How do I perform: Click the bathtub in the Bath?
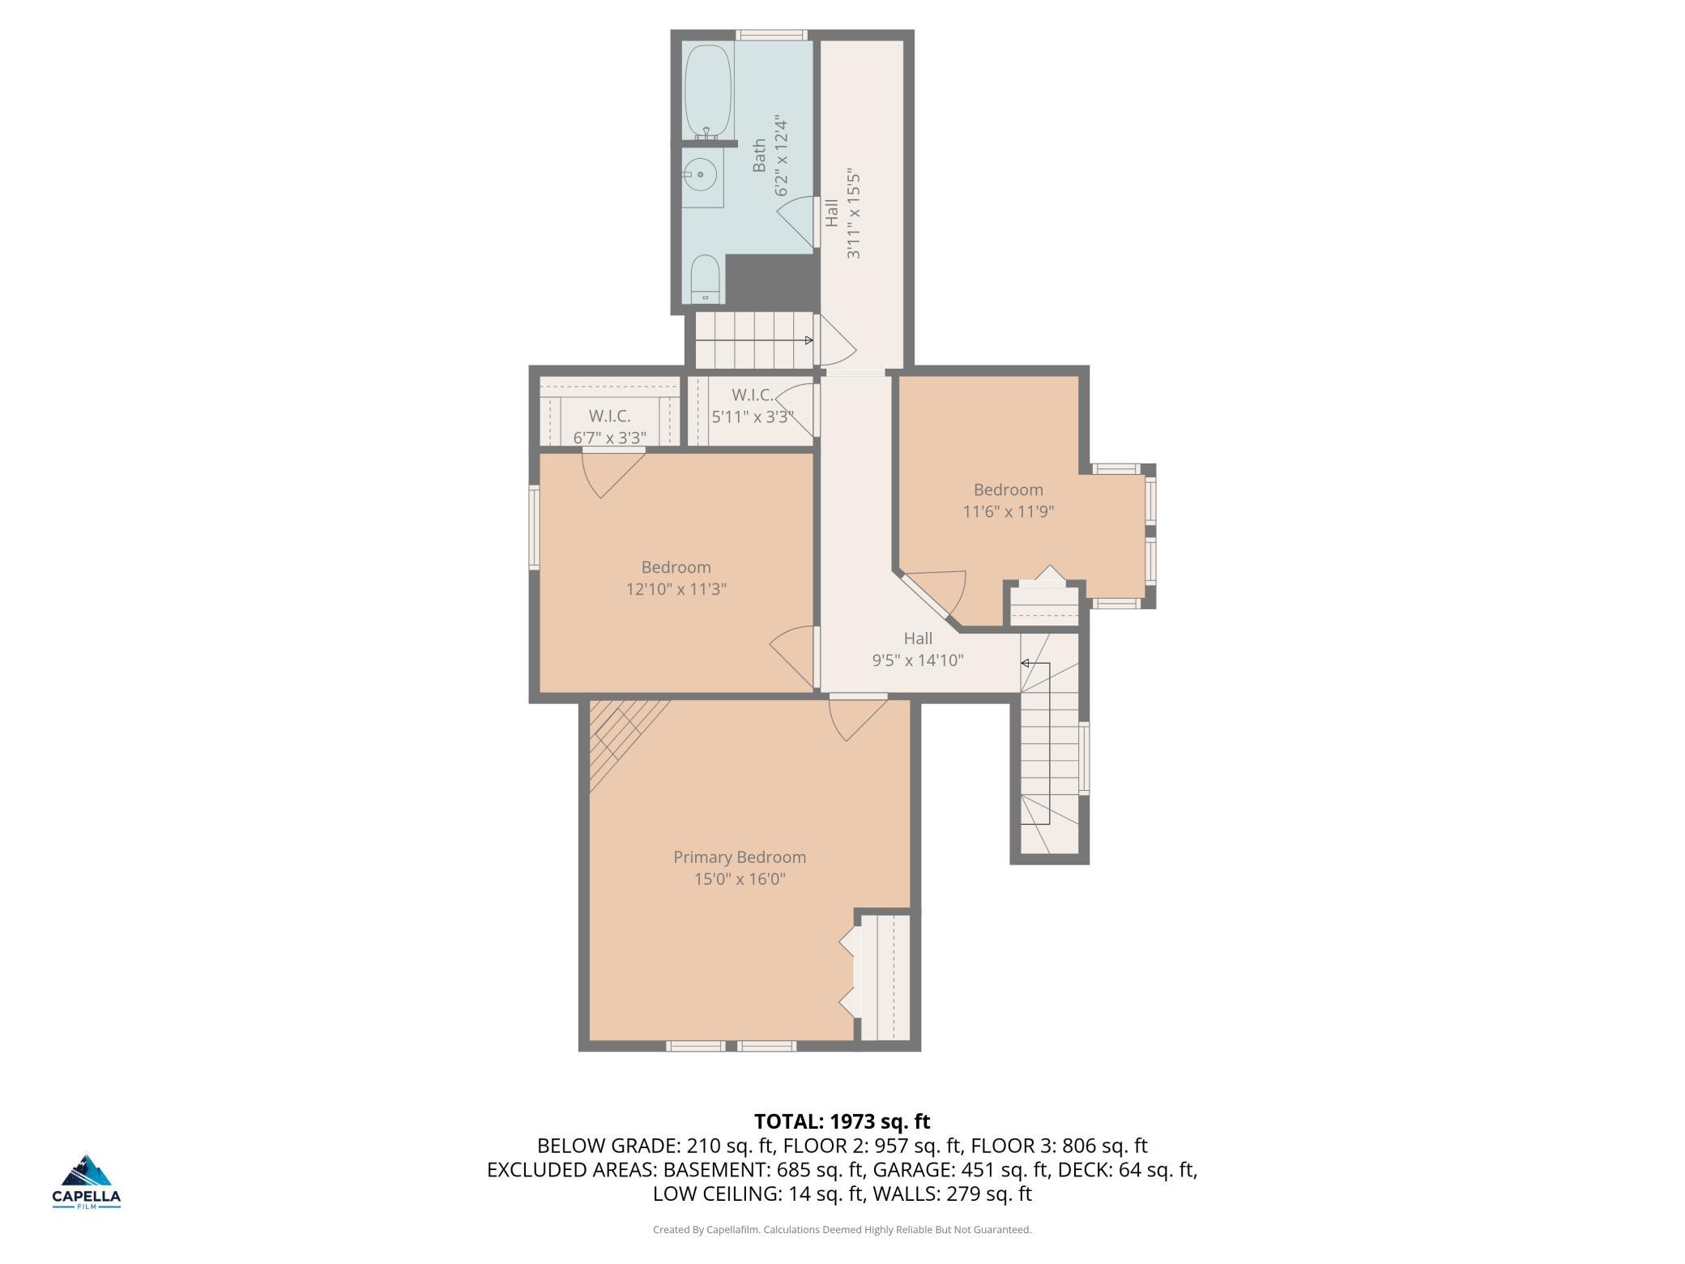click(x=708, y=89)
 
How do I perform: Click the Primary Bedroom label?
click(x=740, y=857)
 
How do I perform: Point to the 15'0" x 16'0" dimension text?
click(x=740, y=879)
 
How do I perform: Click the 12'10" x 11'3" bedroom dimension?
click(x=676, y=589)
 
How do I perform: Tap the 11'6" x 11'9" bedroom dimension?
click(x=1008, y=512)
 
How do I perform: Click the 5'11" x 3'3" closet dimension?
click(x=753, y=417)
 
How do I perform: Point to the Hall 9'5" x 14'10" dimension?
click(x=918, y=660)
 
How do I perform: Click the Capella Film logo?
click(x=87, y=1181)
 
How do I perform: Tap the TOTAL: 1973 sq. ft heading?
click(x=842, y=1121)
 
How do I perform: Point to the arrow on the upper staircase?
click(x=808, y=340)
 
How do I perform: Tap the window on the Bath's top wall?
click(x=771, y=35)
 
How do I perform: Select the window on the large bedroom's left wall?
click(x=534, y=527)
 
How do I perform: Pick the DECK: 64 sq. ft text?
click(x=1128, y=1170)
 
